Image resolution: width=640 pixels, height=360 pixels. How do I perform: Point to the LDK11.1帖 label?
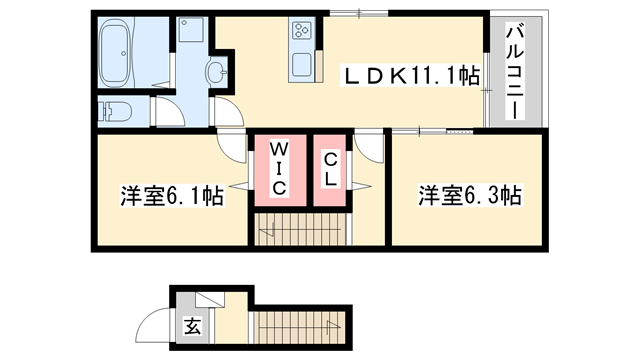(410, 75)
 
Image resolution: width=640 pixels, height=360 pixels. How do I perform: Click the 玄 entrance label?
(190, 324)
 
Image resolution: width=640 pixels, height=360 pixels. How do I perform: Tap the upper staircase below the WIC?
(298, 230)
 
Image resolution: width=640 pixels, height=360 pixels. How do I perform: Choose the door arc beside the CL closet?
(367, 150)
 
